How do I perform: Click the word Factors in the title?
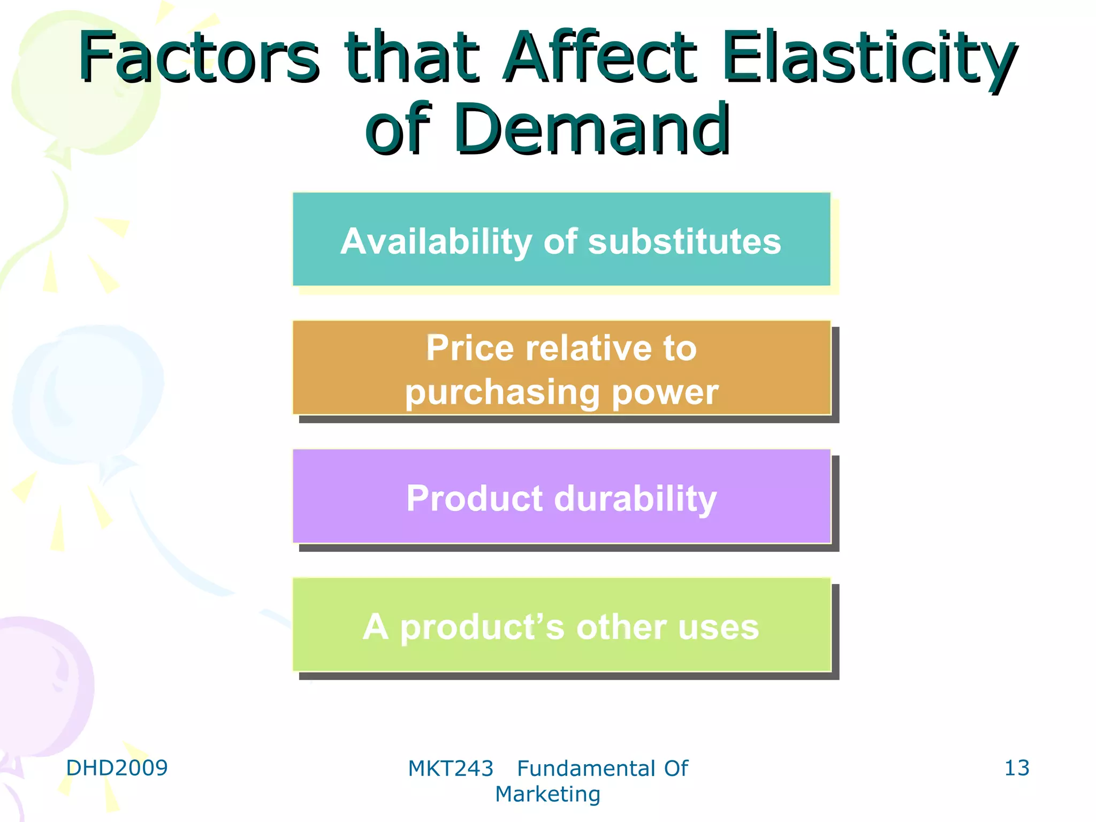[199, 58]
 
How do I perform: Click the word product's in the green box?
[482, 627]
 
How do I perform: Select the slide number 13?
[1016, 768]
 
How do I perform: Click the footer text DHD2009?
[117, 768]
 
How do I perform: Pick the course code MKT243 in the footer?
[451, 769]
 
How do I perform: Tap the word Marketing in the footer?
[547, 794]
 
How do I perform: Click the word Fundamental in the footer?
[586, 769]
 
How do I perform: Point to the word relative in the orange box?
[588, 349]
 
